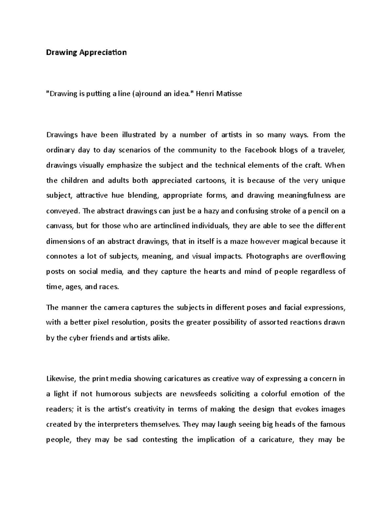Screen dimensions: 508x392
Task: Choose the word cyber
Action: [78, 338]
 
